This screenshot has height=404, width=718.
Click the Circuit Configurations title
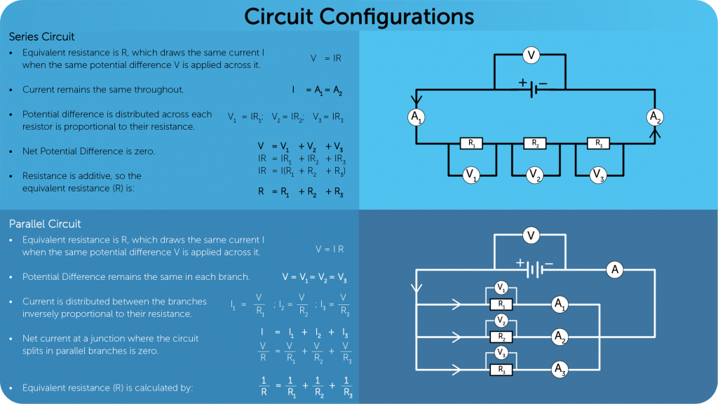coord(358,15)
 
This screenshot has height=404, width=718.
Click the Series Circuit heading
coord(41,36)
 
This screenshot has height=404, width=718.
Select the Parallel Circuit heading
coord(45,224)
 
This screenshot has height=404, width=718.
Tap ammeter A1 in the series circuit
coord(416,117)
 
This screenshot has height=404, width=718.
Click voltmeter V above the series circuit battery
coord(531,54)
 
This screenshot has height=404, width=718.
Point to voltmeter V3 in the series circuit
coord(597,174)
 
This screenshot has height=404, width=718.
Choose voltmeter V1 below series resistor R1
coord(471,174)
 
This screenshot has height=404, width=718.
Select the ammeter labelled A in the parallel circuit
coord(615,269)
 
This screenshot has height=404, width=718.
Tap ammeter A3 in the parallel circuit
coord(560,369)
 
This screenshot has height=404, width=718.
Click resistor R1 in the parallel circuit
coord(501,304)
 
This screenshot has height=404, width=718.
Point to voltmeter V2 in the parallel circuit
coord(501,321)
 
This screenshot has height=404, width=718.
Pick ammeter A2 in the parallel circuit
coord(560,337)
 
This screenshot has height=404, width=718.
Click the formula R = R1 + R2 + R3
coord(300,191)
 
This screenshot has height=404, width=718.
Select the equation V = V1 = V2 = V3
coord(314,277)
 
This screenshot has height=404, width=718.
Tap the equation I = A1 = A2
coord(317,90)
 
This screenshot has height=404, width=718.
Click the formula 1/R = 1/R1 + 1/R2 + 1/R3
coord(305,387)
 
